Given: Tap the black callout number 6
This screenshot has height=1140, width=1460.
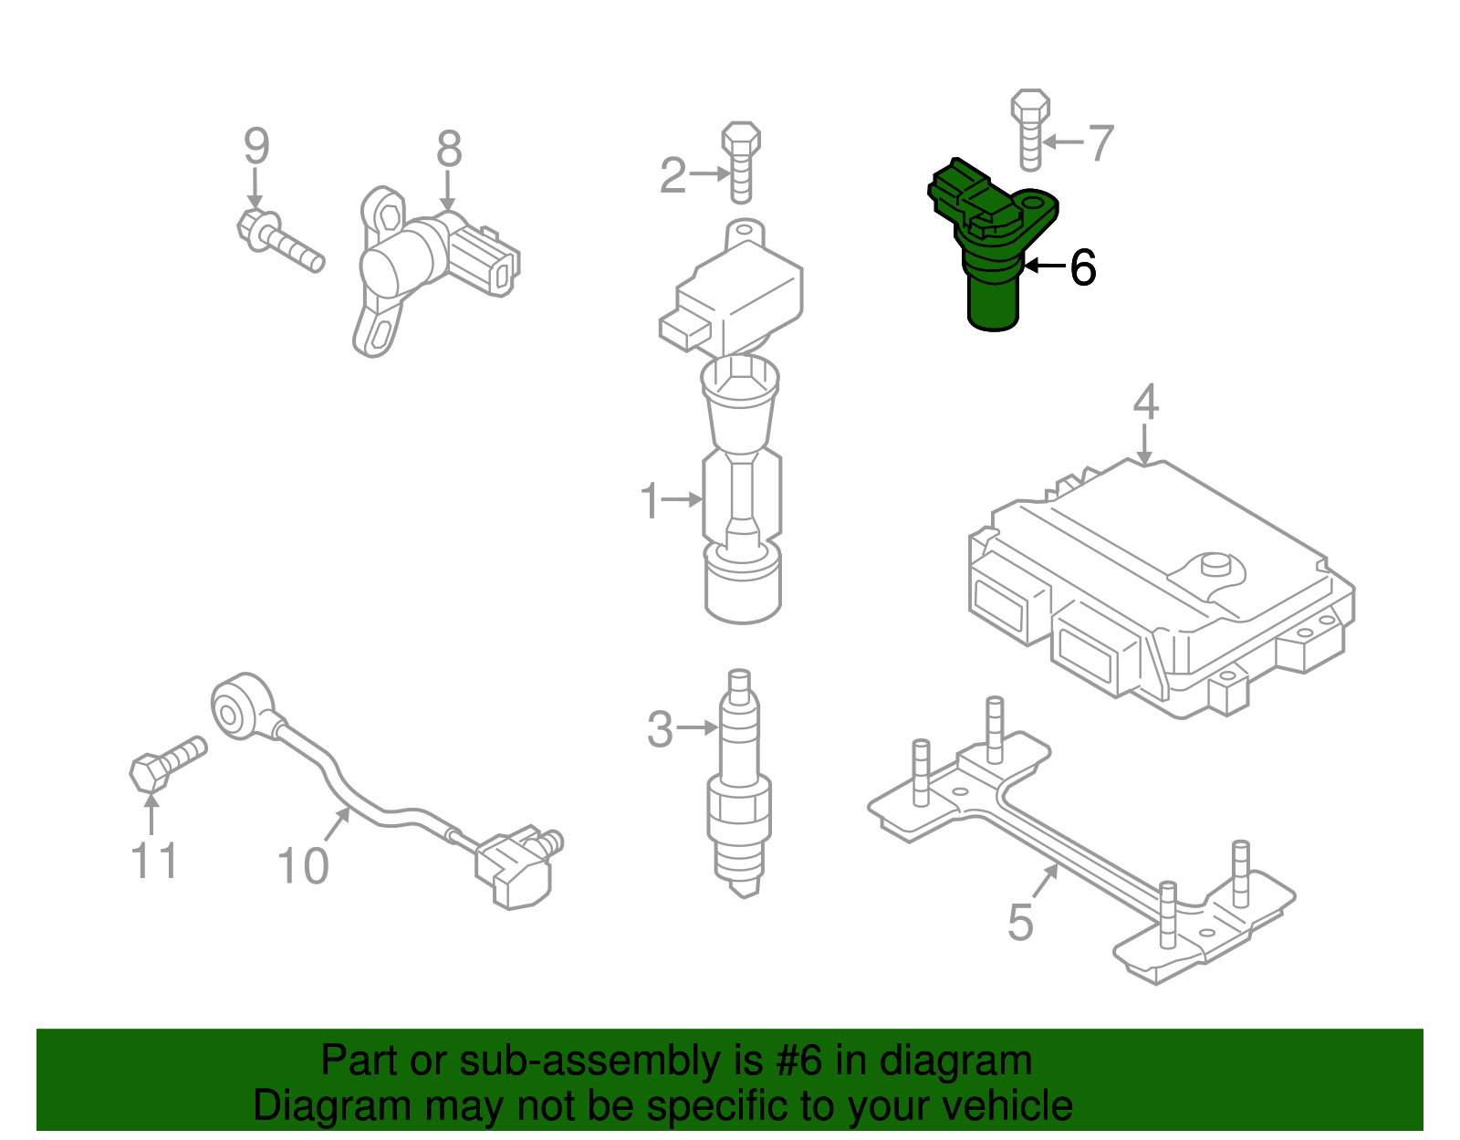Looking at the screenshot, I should pos(1082,268).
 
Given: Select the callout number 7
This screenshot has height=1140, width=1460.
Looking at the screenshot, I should pos(1101,143).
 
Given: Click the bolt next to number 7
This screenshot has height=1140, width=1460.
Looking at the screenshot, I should pos(1030,130).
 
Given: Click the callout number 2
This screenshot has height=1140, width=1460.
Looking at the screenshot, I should pos(673,175).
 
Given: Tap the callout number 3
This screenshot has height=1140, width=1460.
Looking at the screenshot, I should pos(660,730).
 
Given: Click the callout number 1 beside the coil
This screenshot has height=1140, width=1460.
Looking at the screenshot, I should pos(649,501).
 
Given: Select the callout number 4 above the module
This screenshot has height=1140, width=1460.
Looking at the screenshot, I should pos(1145,402).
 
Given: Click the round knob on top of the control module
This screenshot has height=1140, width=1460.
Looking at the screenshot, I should pos(1215,564).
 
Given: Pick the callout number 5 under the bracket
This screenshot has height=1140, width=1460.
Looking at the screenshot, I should pos(1020,922).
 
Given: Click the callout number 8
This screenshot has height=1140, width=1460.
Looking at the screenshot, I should pos(449,149).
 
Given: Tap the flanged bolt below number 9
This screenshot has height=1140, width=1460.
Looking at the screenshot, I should pos(278,240).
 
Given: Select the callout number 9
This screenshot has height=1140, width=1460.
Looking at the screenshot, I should pos(256,146).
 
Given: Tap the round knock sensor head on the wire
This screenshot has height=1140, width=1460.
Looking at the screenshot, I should pos(240,703).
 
